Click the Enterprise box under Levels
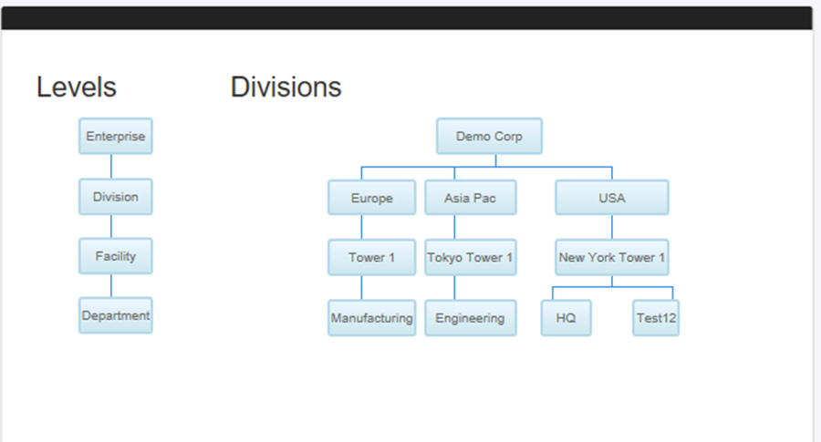coord(116,136)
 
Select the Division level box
coord(116,197)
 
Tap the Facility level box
coord(116,256)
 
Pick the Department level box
coord(116,315)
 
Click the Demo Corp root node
coord(489,136)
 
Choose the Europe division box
coord(372,198)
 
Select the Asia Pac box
coord(470,198)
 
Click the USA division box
coord(611,198)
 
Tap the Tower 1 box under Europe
coord(372,257)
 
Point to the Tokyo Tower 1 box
coord(470,257)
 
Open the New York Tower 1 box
coord(611,257)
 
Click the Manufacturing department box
coord(372,318)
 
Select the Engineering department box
coord(470,318)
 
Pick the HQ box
coord(566,318)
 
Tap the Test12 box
coord(656,318)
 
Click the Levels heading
coord(77,87)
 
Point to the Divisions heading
coord(286,87)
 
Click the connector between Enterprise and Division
coord(111,167)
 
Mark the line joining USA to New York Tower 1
coord(611,227)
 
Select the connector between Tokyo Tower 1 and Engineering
coord(454,288)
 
